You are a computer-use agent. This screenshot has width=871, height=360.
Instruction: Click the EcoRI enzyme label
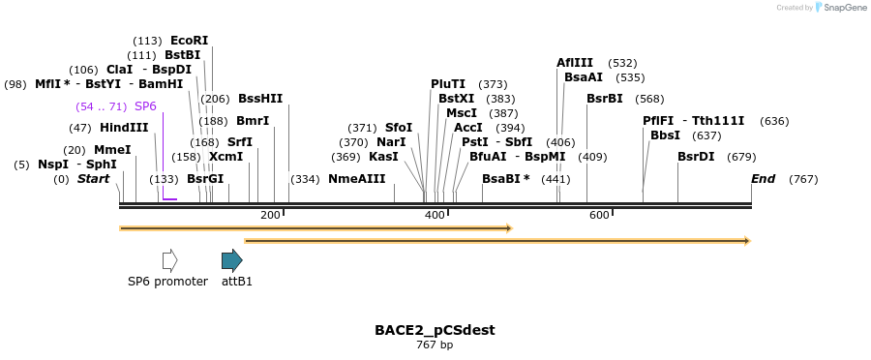click(189, 41)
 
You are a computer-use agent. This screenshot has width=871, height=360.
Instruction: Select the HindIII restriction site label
click(124, 128)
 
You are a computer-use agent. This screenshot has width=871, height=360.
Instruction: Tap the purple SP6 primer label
click(145, 105)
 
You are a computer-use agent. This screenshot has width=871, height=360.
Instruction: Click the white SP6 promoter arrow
click(169, 259)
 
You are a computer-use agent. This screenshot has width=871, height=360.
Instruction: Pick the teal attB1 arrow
click(231, 259)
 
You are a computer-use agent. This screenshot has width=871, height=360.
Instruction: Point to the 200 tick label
click(270, 215)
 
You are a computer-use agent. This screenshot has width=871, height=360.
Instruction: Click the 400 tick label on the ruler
click(435, 215)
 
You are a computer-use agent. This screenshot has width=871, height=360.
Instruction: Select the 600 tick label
click(599, 215)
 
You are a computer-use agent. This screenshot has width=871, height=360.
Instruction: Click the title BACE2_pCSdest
click(435, 330)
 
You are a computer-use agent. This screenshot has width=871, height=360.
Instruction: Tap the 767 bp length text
click(435, 345)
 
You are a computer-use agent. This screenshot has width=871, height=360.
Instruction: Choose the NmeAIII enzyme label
click(356, 179)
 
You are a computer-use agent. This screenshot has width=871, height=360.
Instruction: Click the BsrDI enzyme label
click(696, 157)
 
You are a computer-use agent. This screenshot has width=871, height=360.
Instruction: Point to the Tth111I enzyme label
click(718, 121)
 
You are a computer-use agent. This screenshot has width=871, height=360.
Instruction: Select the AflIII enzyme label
click(575, 63)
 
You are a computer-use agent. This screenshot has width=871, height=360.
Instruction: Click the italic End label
click(763, 179)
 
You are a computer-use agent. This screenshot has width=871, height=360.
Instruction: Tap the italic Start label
click(93, 179)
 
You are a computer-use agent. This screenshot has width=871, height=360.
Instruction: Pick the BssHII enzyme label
click(260, 99)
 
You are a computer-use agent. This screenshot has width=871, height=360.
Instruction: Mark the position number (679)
click(741, 157)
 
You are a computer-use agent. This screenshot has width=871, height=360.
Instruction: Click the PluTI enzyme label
click(448, 84)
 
